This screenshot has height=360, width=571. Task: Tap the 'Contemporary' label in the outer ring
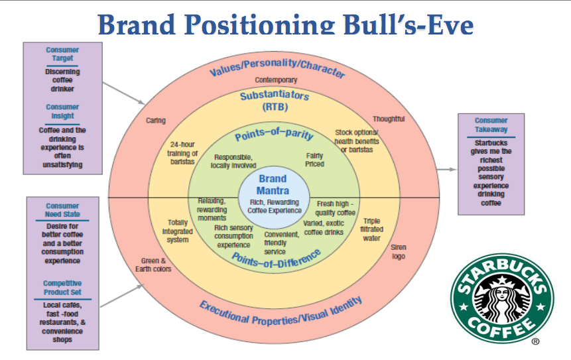277,80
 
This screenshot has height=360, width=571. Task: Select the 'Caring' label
156,121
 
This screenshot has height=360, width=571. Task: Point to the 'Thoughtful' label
389,119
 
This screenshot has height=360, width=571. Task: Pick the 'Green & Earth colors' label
156,265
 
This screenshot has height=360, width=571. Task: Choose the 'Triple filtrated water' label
372,229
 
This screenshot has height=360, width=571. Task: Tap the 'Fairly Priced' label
315,159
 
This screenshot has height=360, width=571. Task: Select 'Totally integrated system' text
177,231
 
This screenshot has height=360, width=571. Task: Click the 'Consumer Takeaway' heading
491,125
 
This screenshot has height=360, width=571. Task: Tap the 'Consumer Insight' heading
62,111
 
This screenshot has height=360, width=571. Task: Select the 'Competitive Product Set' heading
62,287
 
